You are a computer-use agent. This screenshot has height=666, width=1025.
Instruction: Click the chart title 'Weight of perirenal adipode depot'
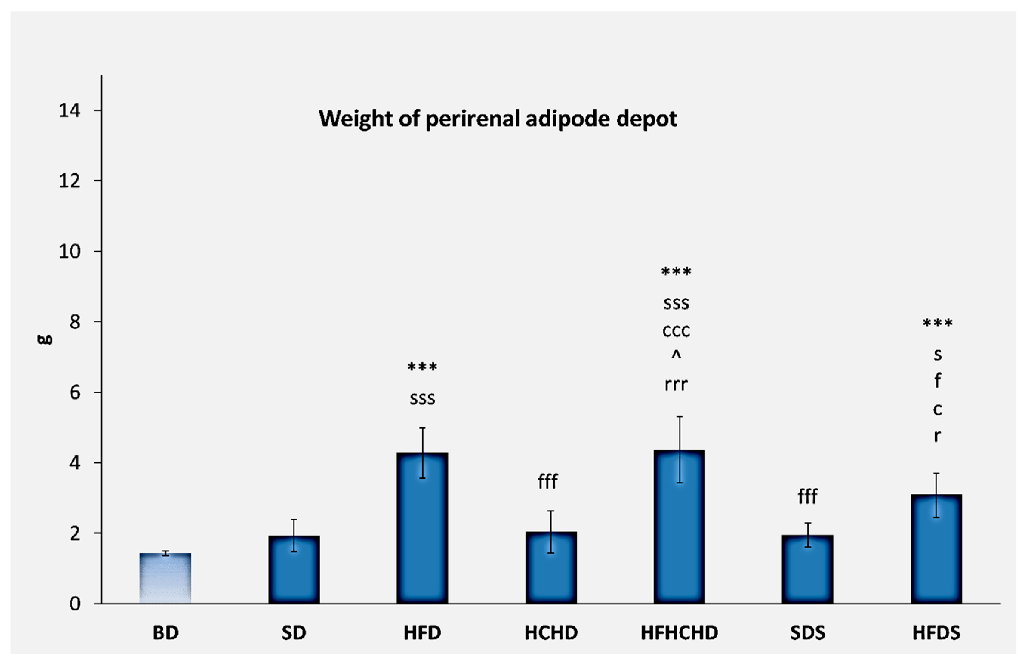coord(498,119)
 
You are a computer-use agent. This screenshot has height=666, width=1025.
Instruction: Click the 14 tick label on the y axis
coord(69,111)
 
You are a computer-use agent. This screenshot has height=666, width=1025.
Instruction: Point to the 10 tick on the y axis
coord(69,251)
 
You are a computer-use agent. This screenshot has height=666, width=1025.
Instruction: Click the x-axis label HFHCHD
coord(679,633)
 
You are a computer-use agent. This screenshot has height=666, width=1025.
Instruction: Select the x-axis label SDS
coord(808,633)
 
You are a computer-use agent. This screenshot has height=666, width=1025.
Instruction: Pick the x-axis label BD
coord(165,633)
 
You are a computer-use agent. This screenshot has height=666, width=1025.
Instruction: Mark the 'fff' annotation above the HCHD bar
coord(547,482)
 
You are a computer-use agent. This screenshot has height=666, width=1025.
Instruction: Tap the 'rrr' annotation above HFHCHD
coord(676,384)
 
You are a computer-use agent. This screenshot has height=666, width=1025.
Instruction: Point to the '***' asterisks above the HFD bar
coord(422,367)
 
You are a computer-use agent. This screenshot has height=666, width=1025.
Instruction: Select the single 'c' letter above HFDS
coord(937,409)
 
